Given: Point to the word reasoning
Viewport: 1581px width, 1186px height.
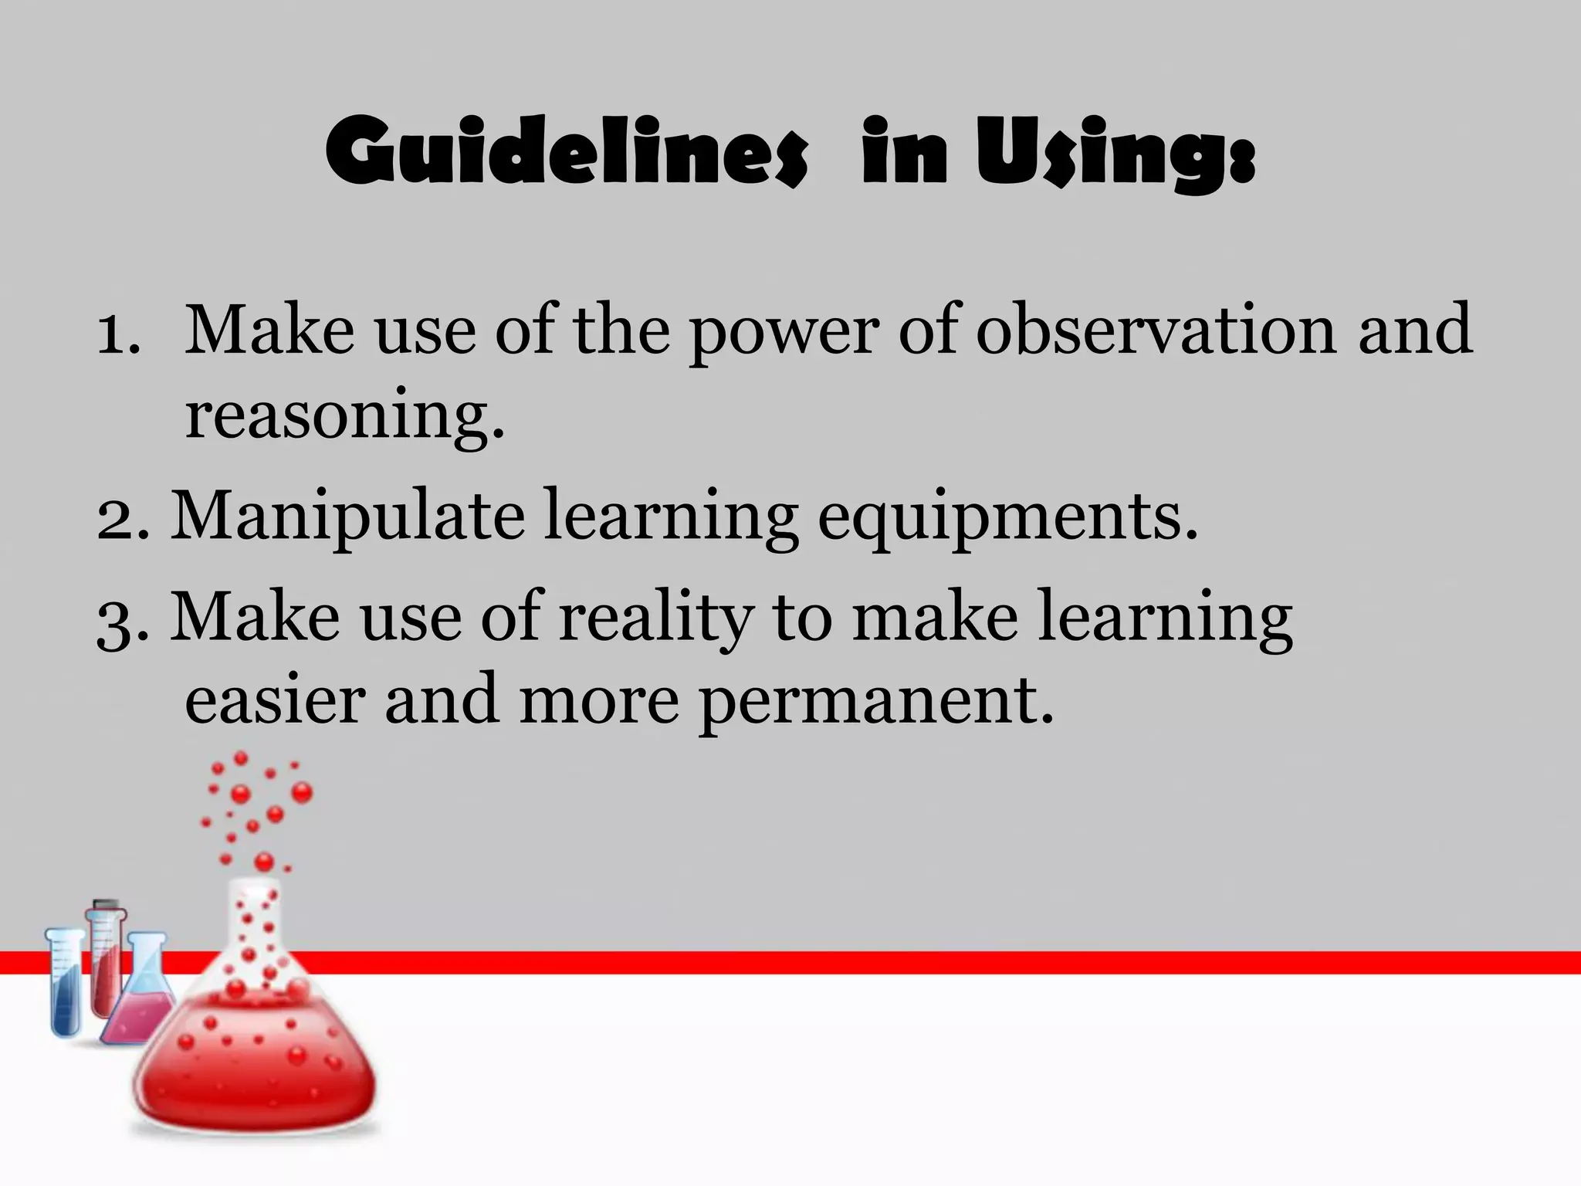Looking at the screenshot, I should tap(344, 417).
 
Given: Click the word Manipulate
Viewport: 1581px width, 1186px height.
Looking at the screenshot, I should tap(347, 516).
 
